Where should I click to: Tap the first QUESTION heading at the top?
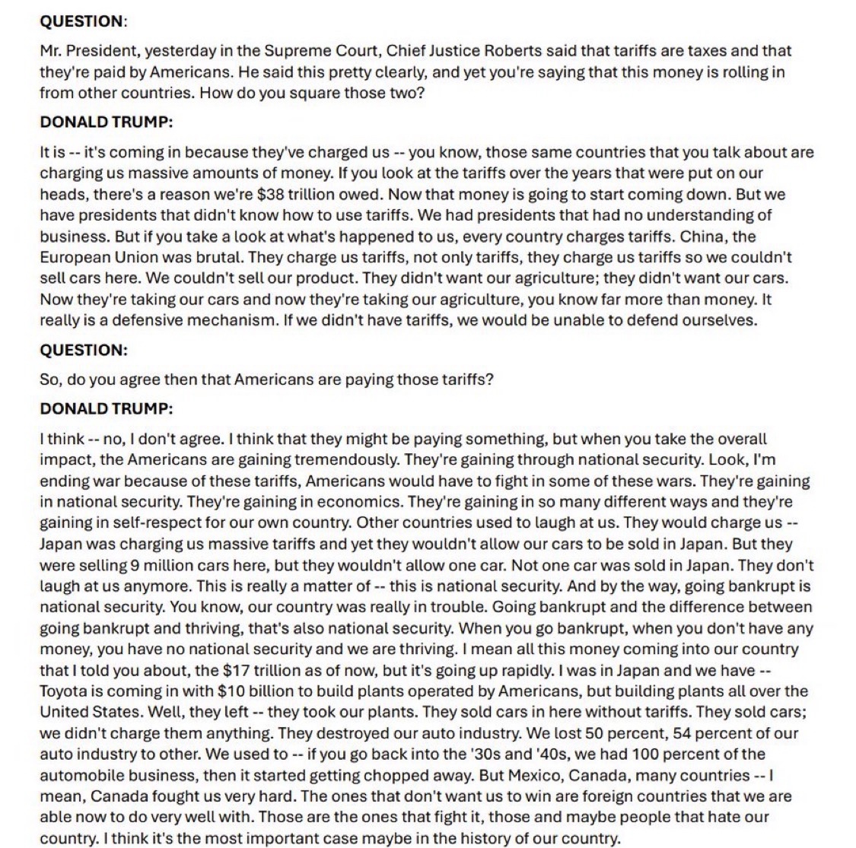click(x=81, y=21)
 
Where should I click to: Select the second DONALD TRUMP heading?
click(x=106, y=408)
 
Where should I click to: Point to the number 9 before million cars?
click(x=139, y=565)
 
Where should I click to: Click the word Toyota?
click(x=65, y=691)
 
